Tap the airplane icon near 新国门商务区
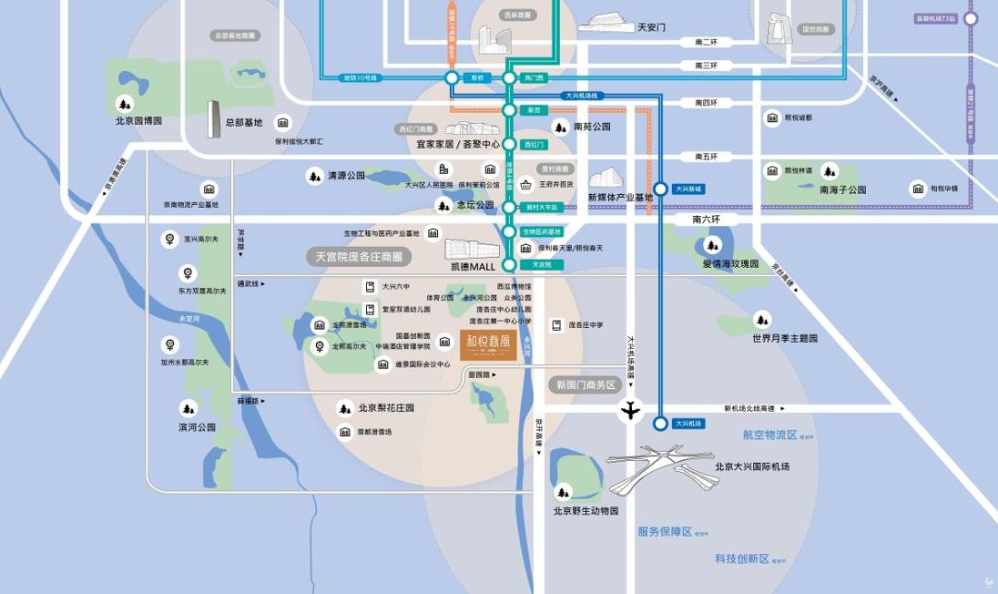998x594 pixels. (x=631, y=409)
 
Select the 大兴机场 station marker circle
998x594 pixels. (x=660, y=424)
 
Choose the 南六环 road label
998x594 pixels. (x=711, y=220)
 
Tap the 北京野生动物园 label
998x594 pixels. (x=586, y=510)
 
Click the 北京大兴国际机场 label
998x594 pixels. (x=752, y=467)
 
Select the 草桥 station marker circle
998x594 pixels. (x=451, y=79)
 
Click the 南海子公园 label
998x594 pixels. (x=843, y=189)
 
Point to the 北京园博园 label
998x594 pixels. (x=139, y=121)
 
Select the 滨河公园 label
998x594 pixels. (x=197, y=428)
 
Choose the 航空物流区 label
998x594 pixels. (x=769, y=434)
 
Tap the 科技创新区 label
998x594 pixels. (x=742, y=558)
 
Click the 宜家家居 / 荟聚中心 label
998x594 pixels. (x=457, y=145)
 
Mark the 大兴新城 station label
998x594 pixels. (x=688, y=188)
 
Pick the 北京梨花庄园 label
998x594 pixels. (x=386, y=407)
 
